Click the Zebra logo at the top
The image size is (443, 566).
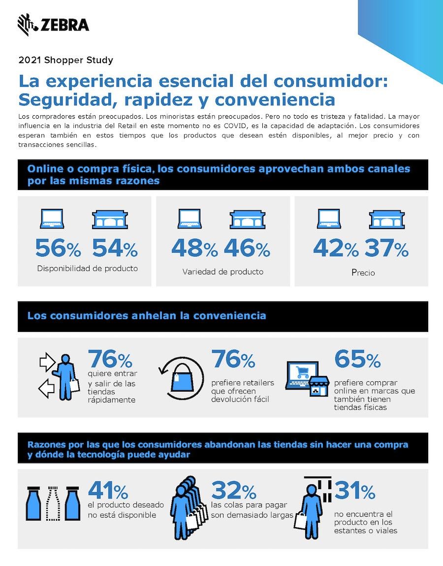tap(53, 25)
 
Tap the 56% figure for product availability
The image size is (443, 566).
tap(58, 249)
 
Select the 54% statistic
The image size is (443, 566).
tap(115, 249)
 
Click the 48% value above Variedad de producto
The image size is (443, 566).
tap(194, 249)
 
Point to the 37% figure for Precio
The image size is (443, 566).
tap(386, 249)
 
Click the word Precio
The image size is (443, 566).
tap(363, 272)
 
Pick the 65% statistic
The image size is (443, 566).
tap(357, 360)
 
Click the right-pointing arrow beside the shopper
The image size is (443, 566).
tap(47, 363)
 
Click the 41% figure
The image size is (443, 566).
tap(108, 491)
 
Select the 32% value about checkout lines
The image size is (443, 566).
tap(234, 491)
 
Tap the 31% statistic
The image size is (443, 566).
tap(355, 491)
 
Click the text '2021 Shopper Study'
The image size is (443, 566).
tap(65, 61)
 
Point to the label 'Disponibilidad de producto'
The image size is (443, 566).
tap(87, 268)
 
